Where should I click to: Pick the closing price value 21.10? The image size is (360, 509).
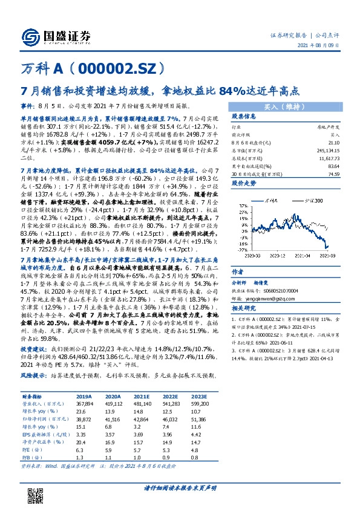coord(332,141)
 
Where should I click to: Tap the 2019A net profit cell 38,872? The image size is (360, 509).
coord(83,418)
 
